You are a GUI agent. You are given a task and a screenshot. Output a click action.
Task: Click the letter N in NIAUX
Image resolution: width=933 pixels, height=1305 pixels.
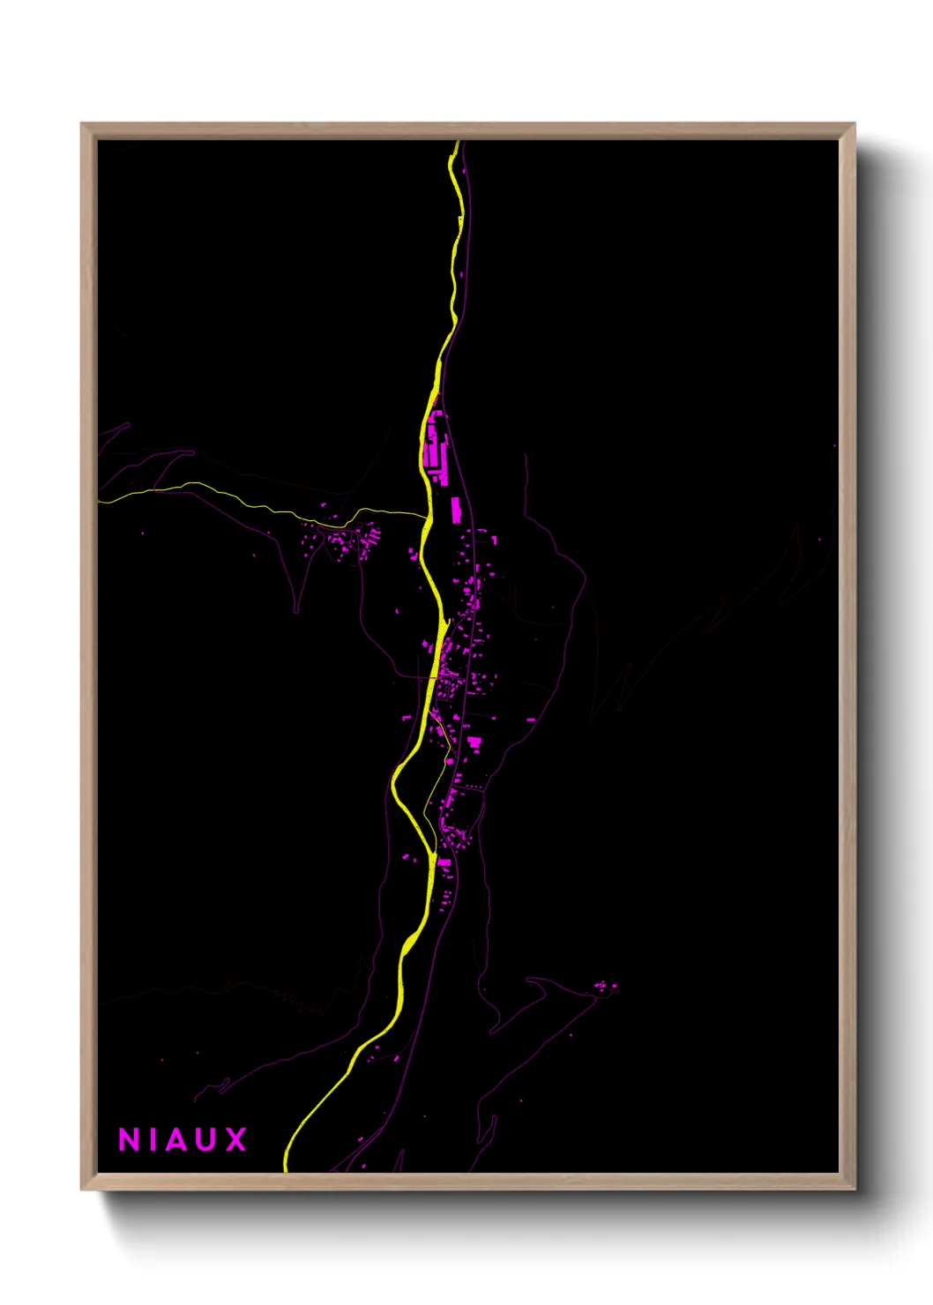[130, 1140]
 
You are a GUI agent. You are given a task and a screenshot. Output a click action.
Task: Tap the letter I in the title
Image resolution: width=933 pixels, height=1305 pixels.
[155, 1140]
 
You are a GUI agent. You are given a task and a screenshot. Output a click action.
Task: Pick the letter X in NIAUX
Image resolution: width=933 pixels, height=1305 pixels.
[235, 1140]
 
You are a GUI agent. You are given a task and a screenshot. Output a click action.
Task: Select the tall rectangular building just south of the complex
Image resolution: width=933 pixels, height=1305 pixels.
[456, 510]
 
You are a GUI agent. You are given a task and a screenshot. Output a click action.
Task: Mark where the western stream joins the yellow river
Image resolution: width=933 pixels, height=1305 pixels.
[427, 516]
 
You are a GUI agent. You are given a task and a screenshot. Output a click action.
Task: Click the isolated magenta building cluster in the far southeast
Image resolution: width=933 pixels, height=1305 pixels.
[606, 987]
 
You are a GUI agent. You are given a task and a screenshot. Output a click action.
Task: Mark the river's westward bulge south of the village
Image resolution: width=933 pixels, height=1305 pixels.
[394, 780]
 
